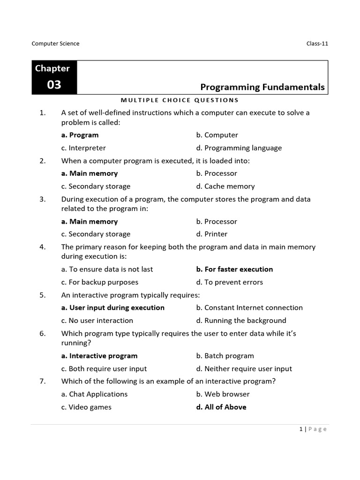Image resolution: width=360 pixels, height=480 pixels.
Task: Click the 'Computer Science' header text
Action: pos(55,44)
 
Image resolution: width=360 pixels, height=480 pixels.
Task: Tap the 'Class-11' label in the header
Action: pos(317,44)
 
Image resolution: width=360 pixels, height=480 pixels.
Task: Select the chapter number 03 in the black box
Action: pos(54,85)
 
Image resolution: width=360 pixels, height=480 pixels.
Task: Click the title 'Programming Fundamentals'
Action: pos(262,87)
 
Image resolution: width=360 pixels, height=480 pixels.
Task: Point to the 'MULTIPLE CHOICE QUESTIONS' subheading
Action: pos(180,100)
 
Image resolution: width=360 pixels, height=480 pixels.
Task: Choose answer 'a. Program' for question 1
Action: pos(80,135)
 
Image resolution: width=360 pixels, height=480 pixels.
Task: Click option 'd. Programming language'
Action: pos(239,148)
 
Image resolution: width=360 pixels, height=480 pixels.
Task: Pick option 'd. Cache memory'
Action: pos(225,186)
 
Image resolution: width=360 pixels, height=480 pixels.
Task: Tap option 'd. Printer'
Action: pos(212,234)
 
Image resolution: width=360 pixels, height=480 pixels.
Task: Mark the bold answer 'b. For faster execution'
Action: pos(234,269)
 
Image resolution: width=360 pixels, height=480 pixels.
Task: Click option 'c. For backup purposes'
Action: pos(100,282)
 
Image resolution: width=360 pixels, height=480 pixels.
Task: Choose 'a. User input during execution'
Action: pos(113,307)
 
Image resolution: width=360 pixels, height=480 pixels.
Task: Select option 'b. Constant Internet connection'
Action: pos(249,307)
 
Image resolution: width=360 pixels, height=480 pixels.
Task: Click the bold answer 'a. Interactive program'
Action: pos(99,356)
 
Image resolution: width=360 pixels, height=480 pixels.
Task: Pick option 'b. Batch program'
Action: pos(225,356)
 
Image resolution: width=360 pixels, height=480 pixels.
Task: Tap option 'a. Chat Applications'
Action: pos(94,394)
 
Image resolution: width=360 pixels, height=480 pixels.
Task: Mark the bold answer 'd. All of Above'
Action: pos(221,407)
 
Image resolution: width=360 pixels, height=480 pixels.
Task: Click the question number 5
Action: pos(42,295)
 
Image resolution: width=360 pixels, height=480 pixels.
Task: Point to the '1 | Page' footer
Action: pos(313,429)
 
